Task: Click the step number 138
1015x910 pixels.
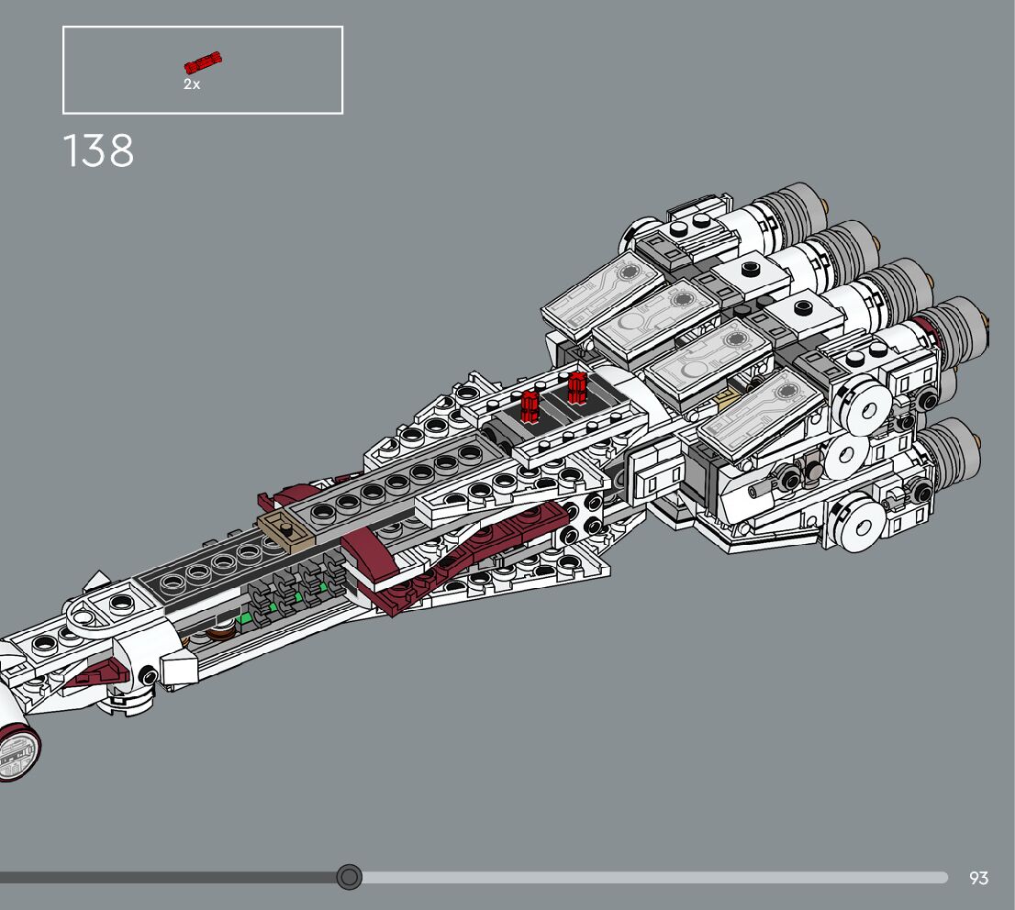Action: point(98,151)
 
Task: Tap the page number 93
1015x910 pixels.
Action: point(978,878)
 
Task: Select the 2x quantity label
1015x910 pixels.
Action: point(191,84)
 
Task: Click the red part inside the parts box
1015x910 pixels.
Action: point(203,62)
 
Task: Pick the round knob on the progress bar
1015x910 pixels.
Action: point(349,878)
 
